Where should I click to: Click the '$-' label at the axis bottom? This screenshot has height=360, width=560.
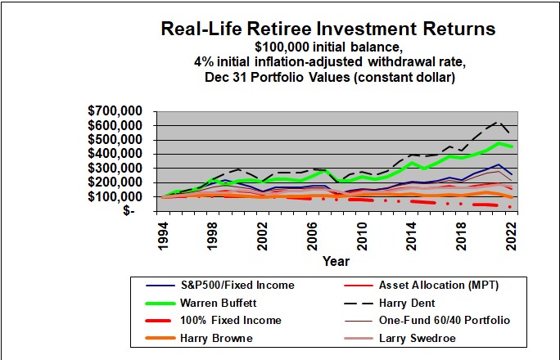coord(128,210)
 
